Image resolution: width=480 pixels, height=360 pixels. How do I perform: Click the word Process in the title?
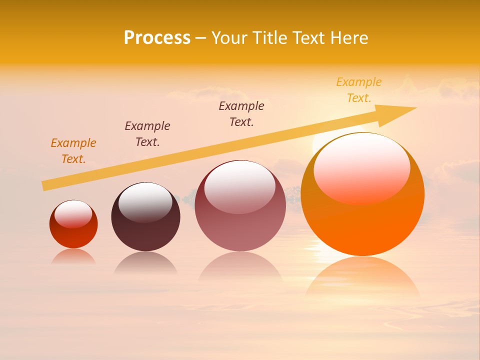tap(157, 38)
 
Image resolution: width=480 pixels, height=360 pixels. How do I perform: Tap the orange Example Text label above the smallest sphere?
tap(73, 151)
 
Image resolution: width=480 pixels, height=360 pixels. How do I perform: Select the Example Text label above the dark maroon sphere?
tap(147, 134)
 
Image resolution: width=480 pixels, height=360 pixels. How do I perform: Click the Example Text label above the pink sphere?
tap(241, 114)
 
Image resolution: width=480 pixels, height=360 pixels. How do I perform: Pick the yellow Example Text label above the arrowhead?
tap(359, 90)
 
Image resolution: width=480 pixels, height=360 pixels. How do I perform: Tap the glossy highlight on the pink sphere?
tap(240, 186)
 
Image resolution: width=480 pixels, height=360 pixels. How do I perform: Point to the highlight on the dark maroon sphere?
tap(145, 202)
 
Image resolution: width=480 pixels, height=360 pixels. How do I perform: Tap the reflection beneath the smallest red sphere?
tap(73, 256)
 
